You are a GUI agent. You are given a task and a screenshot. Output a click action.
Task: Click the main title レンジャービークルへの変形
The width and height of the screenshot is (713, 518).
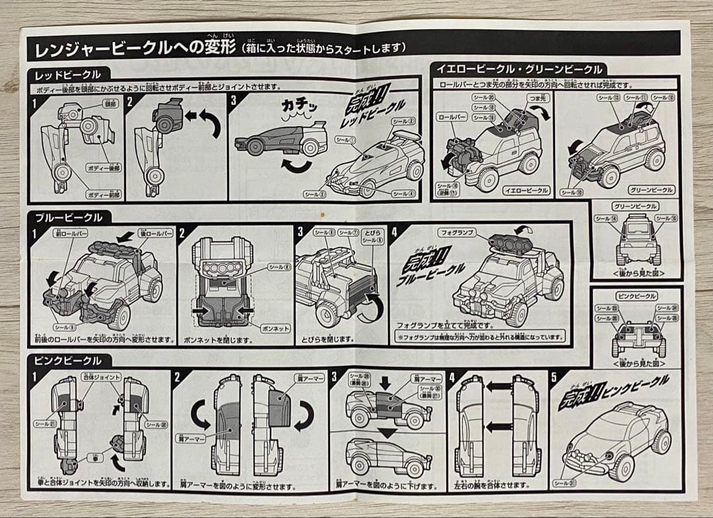click(132, 48)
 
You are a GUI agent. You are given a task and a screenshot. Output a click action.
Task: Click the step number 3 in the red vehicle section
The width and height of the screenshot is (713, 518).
click(234, 101)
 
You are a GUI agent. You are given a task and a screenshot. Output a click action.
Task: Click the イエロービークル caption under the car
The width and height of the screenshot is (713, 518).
click(526, 190)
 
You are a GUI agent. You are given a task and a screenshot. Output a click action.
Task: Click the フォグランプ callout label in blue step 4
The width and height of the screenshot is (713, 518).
click(455, 233)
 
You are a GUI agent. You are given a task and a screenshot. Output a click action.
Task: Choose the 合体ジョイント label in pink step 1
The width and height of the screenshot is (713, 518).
click(102, 377)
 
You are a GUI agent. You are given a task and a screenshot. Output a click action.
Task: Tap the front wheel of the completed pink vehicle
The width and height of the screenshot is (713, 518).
click(620, 466)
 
